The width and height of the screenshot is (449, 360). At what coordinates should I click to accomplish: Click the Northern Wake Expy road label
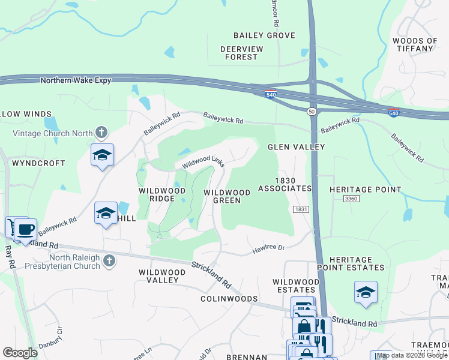pyautogui.click(x=76, y=80)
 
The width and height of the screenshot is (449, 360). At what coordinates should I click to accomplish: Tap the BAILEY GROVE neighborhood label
pyautogui.click(x=264, y=35)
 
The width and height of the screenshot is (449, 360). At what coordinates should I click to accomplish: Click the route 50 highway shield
pyautogui.click(x=312, y=112)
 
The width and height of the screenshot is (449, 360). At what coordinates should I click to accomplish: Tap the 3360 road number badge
pyautogui.click(x=351, y=199)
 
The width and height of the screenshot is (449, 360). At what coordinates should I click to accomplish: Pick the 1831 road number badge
pyautogui.click(x=301, y=209)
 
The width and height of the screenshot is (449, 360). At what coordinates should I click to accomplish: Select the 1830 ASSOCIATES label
pyautogui.click(x=285, y=184)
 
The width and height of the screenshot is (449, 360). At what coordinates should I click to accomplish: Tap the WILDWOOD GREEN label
pyautogui.click(x=227, y=196)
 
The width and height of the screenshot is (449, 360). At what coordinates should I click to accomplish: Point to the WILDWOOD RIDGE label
pyautogui.click(x=162, y=194)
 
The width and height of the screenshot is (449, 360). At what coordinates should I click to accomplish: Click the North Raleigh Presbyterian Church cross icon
pyautogui.click(x=109, y=260)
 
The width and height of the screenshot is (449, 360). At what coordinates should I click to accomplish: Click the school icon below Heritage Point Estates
pyautogui.click(x=366, y=292)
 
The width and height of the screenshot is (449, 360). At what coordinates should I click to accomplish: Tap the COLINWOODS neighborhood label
pyautogui.click(x=229, y=299)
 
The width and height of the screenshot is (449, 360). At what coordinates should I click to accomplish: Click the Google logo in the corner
pyautogui.click(x=20, y=353)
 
